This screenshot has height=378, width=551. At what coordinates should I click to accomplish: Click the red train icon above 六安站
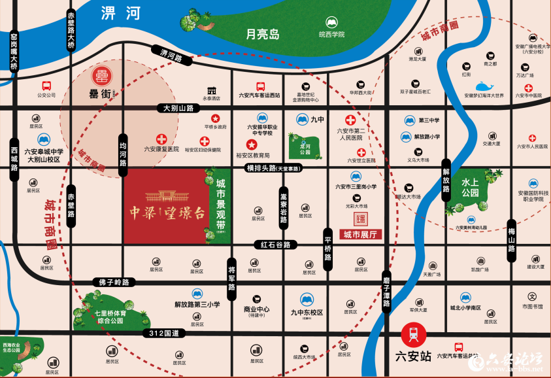click(x=412, y=335)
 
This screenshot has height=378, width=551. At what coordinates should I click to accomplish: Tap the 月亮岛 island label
click(x=262, y=34)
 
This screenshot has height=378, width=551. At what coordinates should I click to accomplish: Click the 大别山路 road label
click(x=179, y=108)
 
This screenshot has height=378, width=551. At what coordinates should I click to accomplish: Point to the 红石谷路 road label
click(x=275, y=245)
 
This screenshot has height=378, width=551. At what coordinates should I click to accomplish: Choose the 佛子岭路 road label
click(x=114, y=282)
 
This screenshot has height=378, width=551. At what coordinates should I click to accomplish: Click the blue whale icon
click(x=484, y=87)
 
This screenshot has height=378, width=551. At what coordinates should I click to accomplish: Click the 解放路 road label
click(x=446, y=180)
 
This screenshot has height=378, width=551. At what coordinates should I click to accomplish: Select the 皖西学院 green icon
click(x=331, y=22)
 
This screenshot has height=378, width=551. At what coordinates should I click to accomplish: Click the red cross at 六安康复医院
click(x=161, y=139)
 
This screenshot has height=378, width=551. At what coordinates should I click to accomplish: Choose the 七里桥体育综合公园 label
click(x=110, y=317)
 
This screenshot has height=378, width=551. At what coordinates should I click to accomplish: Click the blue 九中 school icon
click(x=302, y=119)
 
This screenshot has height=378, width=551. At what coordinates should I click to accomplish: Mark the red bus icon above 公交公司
click(x=46, y=86)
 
